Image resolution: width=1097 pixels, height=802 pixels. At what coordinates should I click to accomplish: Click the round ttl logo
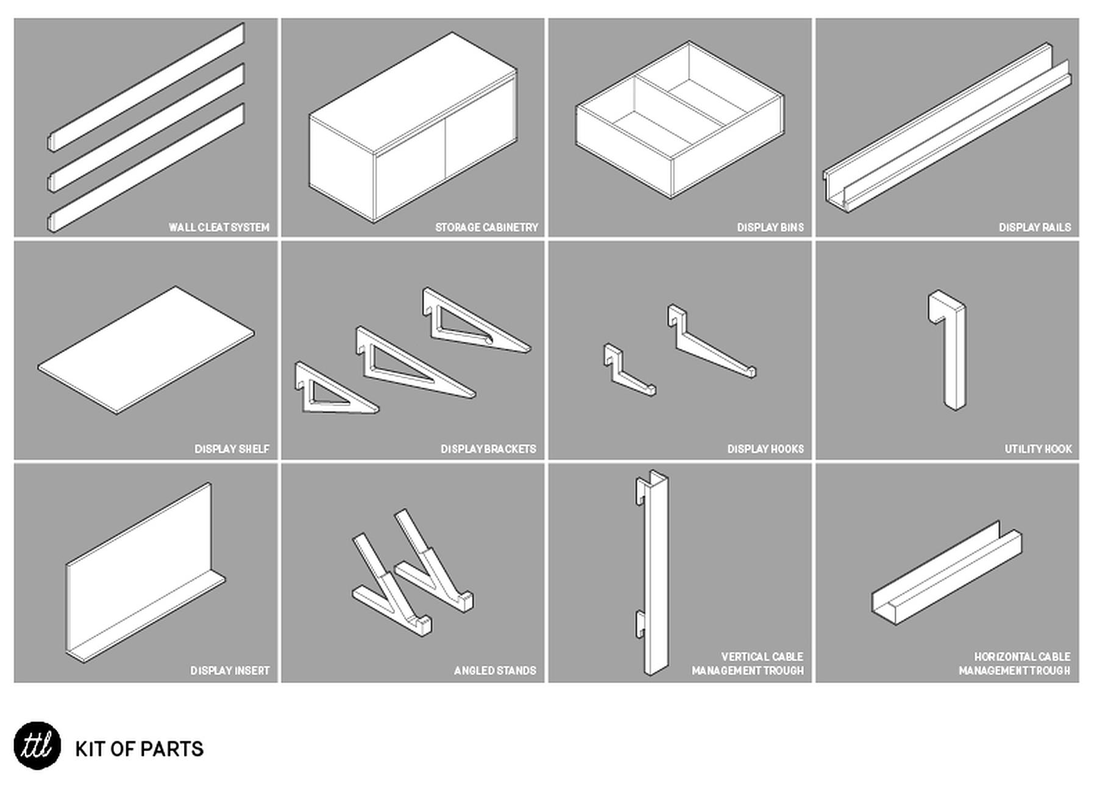[x=37, y=745]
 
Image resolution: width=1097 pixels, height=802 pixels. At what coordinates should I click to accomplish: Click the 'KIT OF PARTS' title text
[x=139, y=749]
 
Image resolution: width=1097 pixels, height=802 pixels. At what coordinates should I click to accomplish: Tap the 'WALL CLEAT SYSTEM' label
[x=219, y=227]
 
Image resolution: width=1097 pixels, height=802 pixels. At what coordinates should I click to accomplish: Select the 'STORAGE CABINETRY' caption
[x=486, y=227]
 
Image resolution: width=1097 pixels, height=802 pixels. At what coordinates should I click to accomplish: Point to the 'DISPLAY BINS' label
[x=770, y=227]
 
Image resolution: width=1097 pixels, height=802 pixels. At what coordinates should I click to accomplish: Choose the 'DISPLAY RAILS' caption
[x=1034, y=227]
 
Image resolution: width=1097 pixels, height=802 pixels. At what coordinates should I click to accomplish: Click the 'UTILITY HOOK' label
[x=1038, y=449]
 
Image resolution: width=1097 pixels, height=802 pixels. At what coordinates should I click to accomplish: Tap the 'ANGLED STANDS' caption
[x=495, y=670]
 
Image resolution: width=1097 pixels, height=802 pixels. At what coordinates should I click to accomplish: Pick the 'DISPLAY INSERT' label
[x=230, y=670]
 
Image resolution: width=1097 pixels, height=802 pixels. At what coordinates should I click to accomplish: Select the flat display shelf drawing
[x=146, y=350]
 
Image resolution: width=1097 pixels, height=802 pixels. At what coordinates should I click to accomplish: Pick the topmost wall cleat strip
[x=146, y=87]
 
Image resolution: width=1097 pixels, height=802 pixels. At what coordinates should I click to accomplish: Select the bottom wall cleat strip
[x=146, y=168]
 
